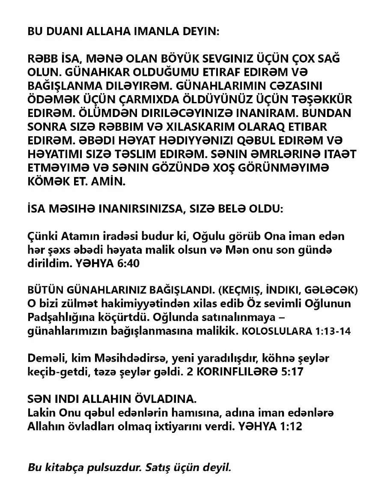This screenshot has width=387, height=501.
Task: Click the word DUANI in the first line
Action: pos(63,32)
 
